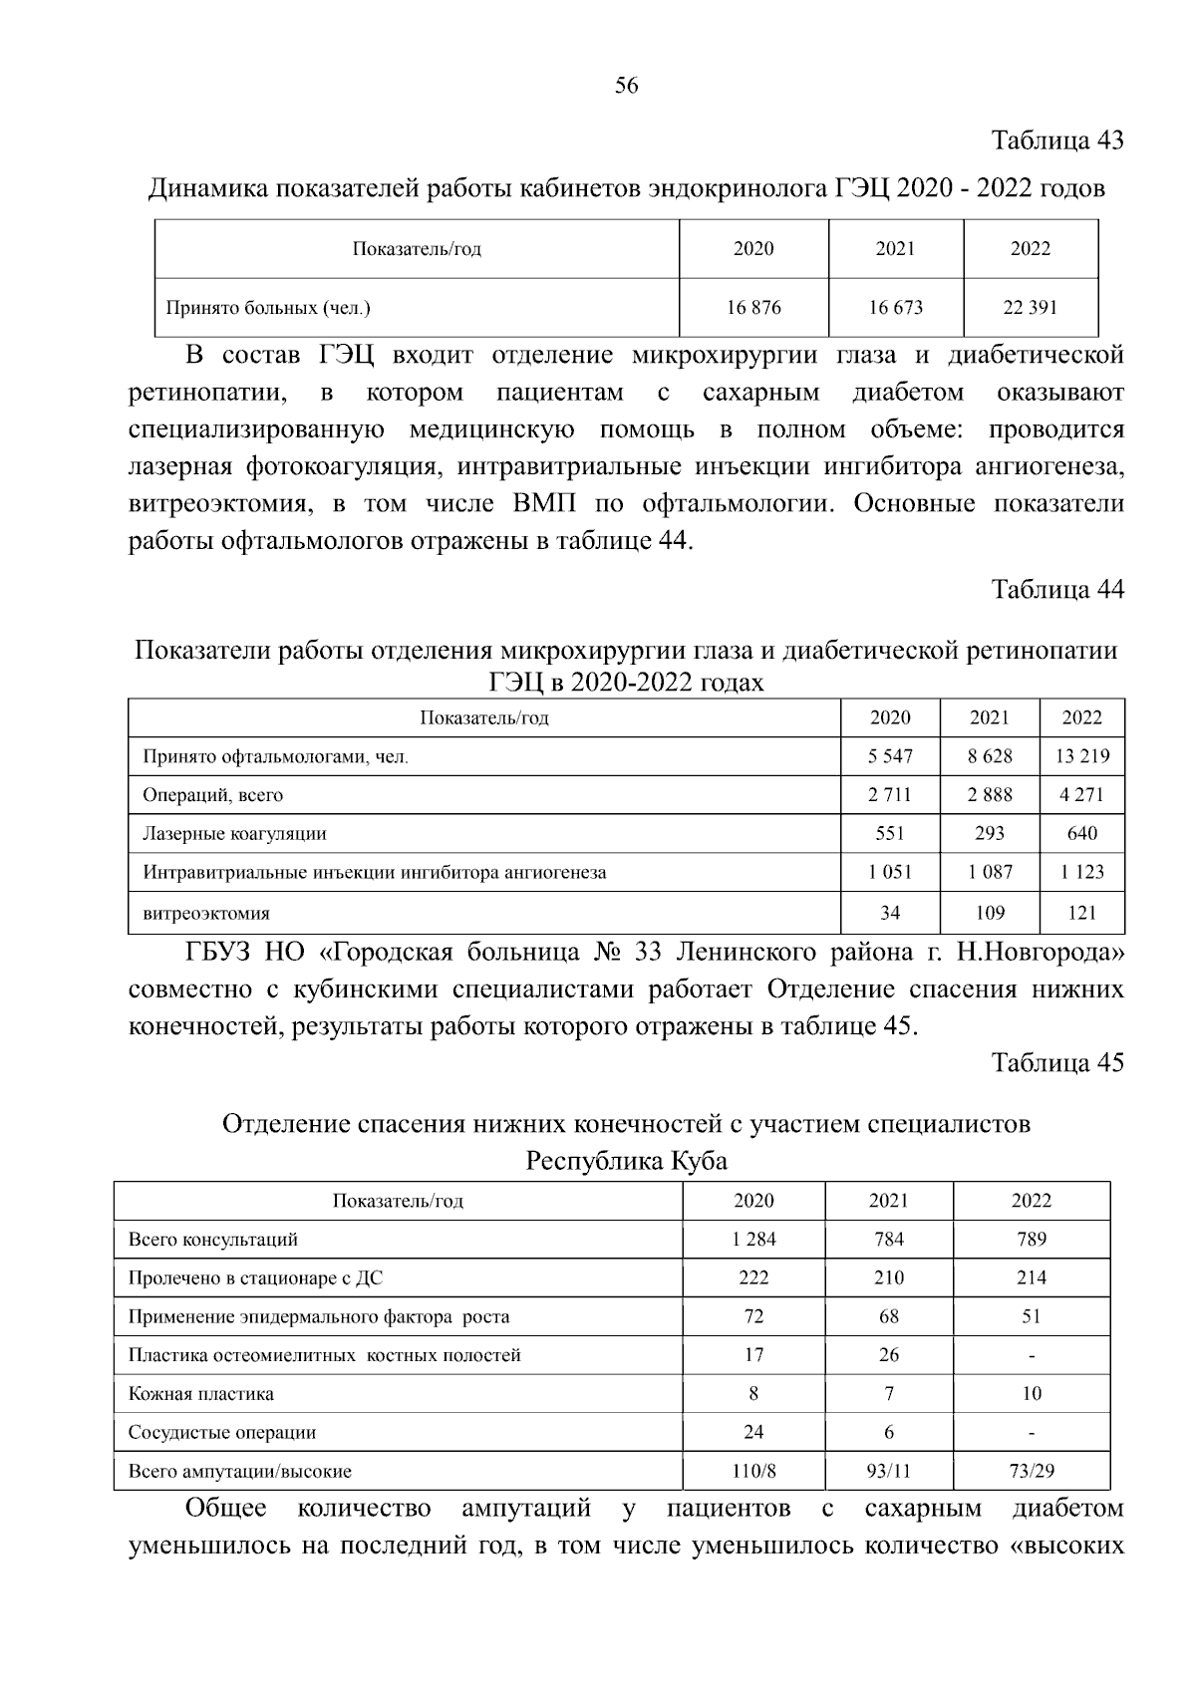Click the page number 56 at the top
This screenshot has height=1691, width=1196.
626,86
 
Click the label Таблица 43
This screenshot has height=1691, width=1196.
1056,141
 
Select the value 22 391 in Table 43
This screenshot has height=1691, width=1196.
1030,308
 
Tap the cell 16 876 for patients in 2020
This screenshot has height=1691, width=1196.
753,308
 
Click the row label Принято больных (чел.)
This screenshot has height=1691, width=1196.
267,308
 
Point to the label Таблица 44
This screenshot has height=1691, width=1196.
1056,590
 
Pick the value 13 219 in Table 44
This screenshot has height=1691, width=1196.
1081,756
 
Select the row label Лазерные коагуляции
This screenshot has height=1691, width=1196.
234,834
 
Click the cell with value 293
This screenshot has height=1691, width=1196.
989,834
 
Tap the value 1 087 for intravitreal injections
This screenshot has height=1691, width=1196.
989,872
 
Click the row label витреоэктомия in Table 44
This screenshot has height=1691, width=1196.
205,913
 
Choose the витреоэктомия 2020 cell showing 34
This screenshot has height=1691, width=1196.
890,913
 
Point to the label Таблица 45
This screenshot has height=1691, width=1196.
1056,1063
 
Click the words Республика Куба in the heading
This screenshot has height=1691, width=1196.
626,1162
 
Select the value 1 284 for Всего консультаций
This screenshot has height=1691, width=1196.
753,1240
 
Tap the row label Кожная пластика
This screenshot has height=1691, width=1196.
200,1394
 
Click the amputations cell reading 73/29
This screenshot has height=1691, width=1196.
1031,1471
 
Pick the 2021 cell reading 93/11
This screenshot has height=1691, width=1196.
888,1471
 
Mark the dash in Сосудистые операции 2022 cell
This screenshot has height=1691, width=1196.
1031,1434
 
